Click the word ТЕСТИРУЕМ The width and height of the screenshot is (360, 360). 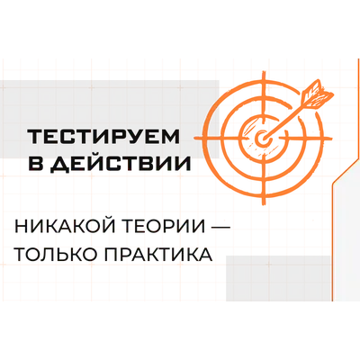[103, 137]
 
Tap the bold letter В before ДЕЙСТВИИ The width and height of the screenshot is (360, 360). [35, 164]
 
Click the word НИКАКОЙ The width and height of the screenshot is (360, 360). [64, 228]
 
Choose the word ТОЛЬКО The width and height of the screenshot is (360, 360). [56, 255]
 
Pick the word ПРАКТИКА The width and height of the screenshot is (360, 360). [158, 255]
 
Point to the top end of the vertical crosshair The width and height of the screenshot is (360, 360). [263, 72]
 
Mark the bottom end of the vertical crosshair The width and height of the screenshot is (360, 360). [264, 204]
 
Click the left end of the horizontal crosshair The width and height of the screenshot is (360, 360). [195, 139]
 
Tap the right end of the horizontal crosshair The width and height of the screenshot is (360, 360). [331, 139]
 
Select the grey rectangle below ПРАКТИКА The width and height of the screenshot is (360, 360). [278, 278]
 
